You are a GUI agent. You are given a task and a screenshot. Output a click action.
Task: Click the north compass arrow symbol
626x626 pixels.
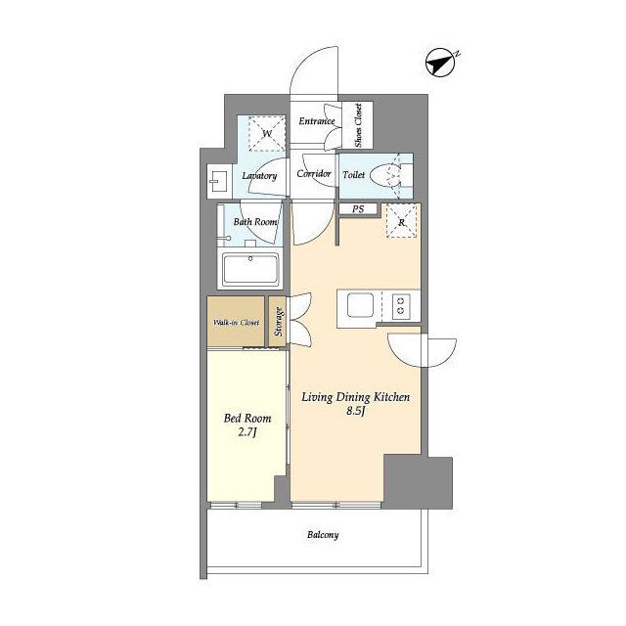tap(441, 63)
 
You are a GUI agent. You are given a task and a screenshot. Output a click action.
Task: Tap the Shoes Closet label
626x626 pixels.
tap(358, 125)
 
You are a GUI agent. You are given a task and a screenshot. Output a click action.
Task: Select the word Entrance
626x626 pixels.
tap(317, 120)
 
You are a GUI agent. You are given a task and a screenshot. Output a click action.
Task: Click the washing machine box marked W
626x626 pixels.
tap(267, 133)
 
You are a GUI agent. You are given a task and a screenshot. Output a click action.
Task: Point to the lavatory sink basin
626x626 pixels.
tap(218, 181)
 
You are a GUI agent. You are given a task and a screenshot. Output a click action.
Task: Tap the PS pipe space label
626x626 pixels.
tap(358, 208)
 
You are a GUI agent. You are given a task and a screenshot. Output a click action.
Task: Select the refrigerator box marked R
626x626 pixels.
tap(402, 221)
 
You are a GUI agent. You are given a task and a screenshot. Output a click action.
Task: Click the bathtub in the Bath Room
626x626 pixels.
tap(250, 270)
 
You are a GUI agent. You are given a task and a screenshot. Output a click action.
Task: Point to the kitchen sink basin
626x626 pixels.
tap(360, 305)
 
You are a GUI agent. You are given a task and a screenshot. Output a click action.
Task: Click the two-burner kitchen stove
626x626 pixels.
tap(401, 306)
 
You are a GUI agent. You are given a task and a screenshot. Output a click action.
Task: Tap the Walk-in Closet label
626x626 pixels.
tap(236, 322)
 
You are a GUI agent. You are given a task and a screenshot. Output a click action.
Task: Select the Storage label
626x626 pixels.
tap(278, 322)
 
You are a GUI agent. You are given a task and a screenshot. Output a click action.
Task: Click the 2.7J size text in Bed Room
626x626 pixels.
tap(247, 432)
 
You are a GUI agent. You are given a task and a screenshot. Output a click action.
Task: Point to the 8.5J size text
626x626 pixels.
tap(355, 411)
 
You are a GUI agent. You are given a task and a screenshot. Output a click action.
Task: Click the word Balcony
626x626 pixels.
tap(323, 535)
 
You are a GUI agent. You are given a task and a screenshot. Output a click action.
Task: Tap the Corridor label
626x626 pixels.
tap(314, 174)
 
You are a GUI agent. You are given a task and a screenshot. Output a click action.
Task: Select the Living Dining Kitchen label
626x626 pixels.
tap(355, 397)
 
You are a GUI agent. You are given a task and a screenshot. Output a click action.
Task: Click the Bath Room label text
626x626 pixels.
tap(255, 222)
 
